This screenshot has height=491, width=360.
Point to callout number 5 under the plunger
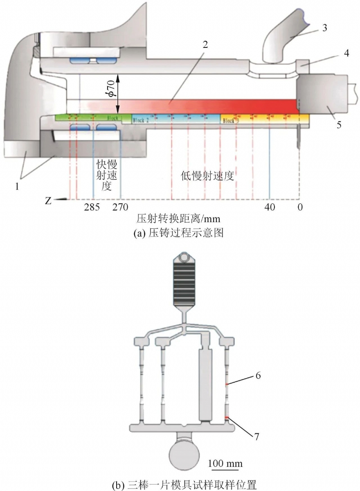(x=339, y=124)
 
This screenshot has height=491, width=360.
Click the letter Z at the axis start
(x=48, y=201)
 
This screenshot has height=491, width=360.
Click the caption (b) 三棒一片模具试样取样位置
(x=180, y=485)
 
